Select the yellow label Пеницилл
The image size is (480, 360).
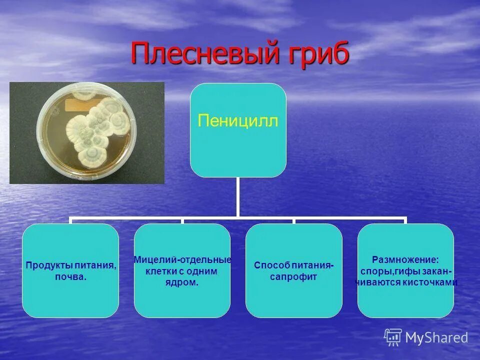point(238,120)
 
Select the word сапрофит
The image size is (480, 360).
point(293,277)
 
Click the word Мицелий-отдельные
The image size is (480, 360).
point(182,260)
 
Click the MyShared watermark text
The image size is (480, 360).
point(436,337)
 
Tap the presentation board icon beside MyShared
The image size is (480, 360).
point(393,337)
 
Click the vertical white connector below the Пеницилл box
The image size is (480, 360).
point(237,197)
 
